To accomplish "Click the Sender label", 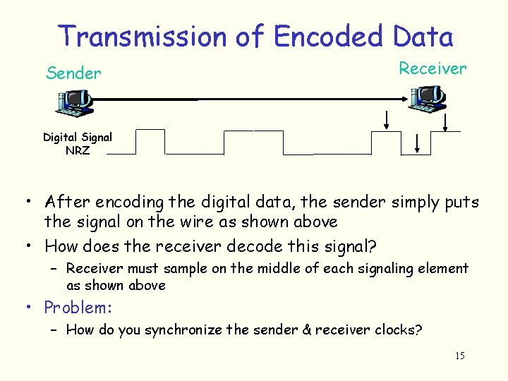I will [x=73, y=73].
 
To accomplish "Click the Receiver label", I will [x=433, y=68].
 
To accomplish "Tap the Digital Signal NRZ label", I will [x=78, y=143].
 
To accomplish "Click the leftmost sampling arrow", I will [x=387, y=120].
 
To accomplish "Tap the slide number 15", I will [x=460, y=356].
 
